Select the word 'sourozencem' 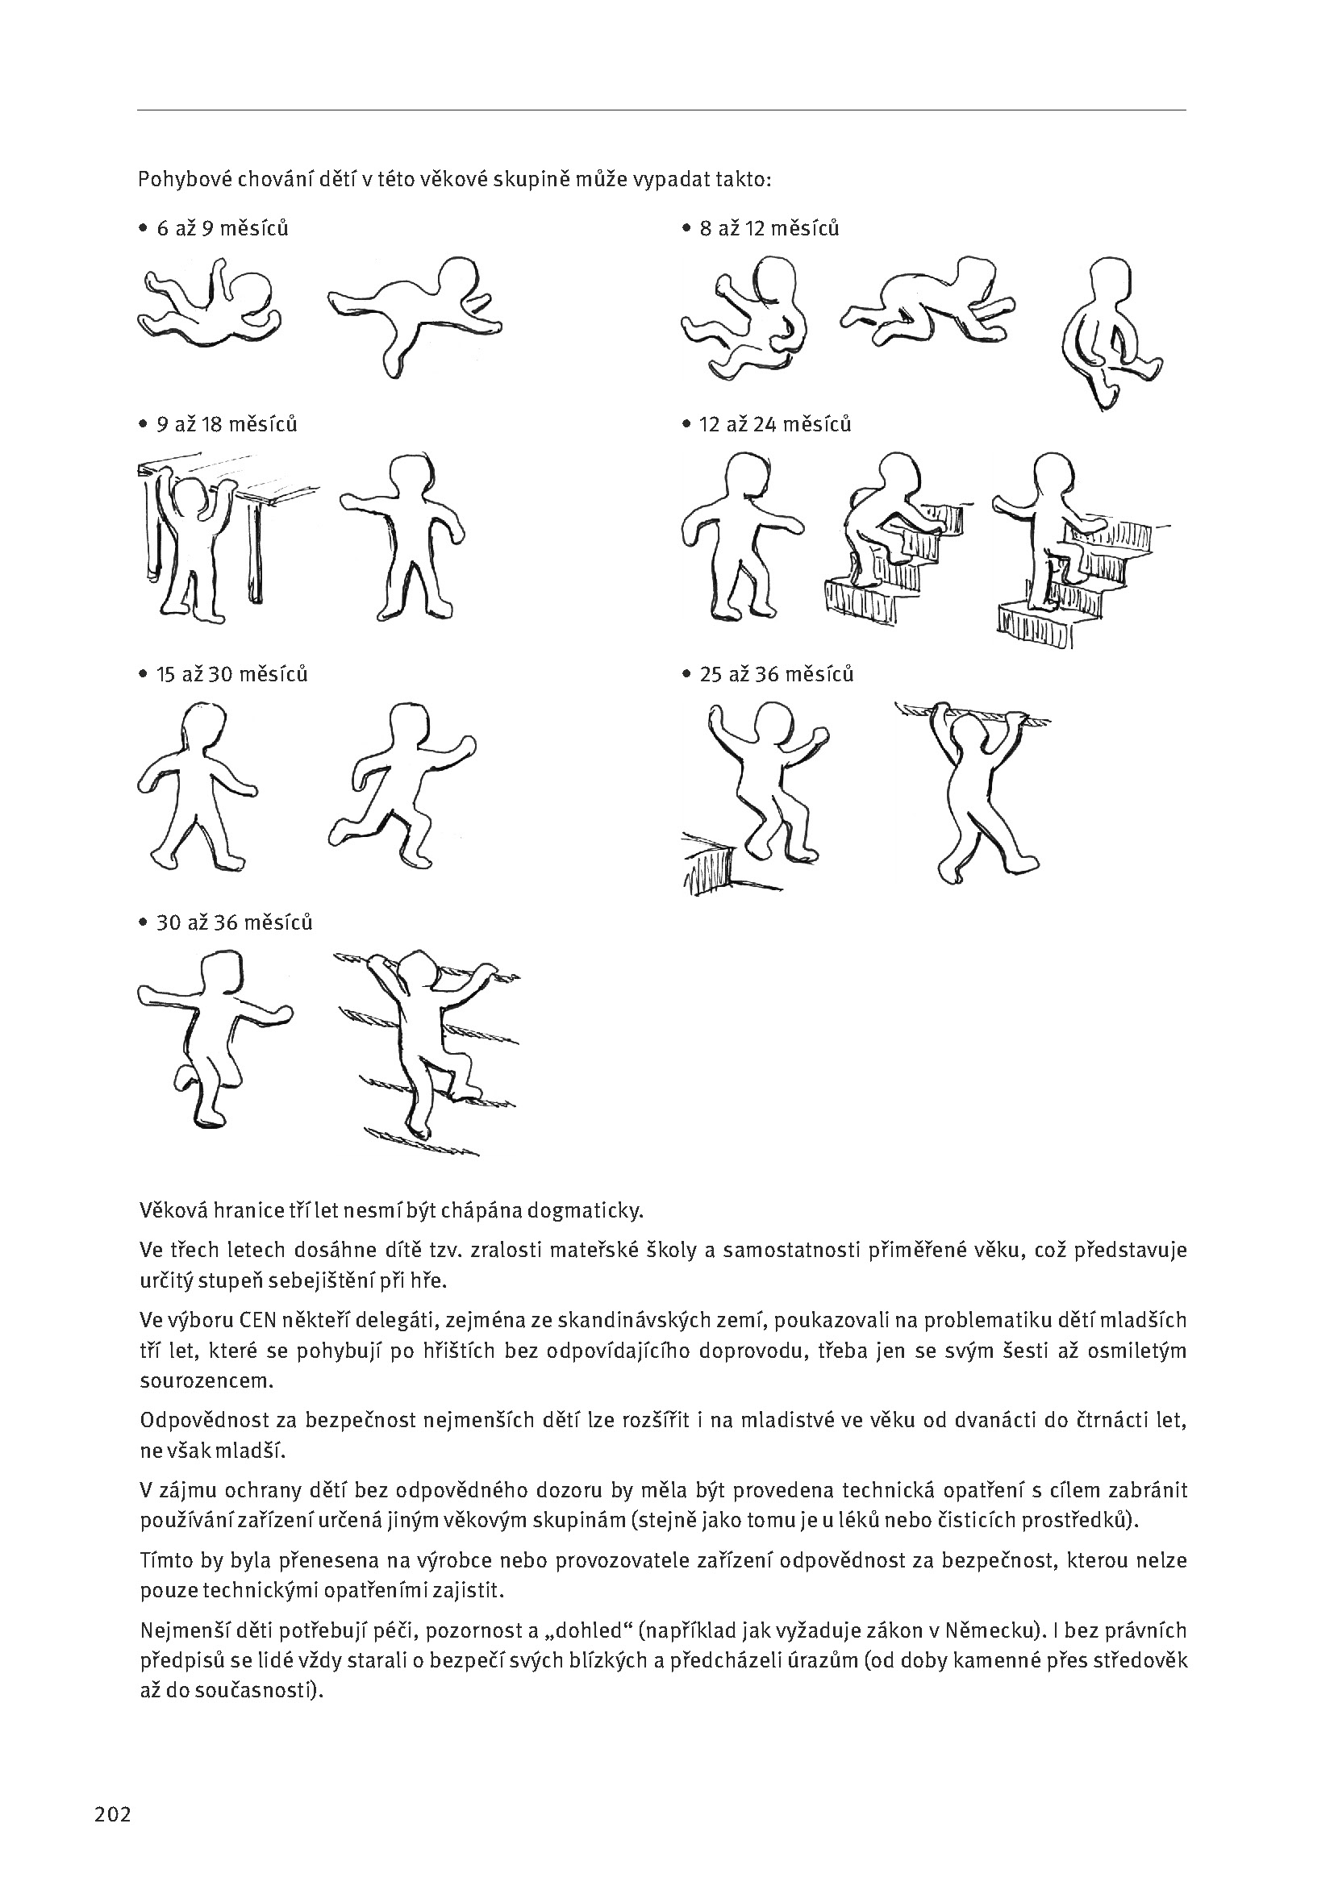[206, 1380]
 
